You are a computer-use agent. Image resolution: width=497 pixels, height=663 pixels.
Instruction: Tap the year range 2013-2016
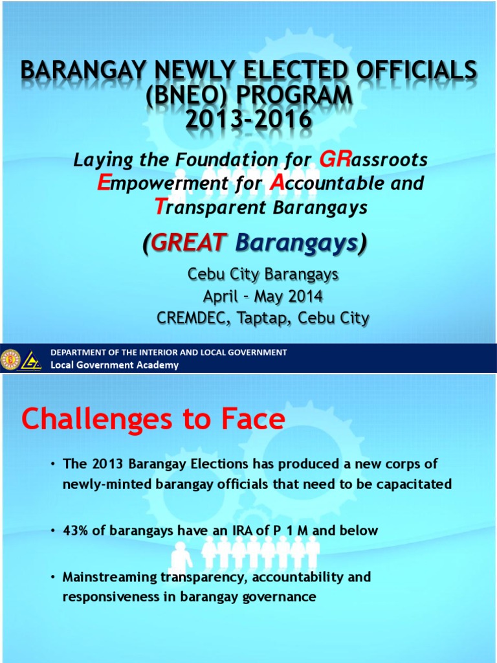(x=248, y=119)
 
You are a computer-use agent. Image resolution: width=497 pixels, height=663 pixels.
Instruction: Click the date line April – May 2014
(x=263, y=297)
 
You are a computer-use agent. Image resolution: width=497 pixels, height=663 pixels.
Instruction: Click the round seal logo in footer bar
(x=11, y=359)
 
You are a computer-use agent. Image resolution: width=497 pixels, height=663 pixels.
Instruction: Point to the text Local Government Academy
(x=115, y=365)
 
